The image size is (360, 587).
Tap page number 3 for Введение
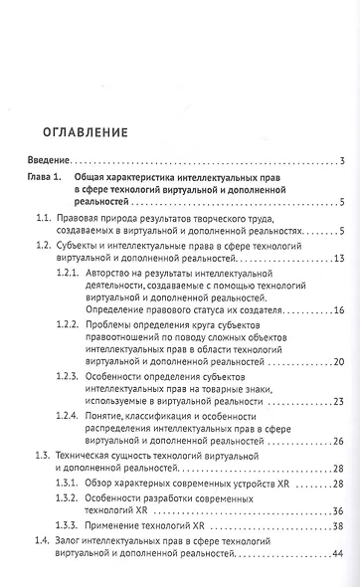tap(340, 161)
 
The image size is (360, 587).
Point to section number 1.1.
tap(44, 218)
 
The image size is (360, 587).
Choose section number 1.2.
tap(44, 243)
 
